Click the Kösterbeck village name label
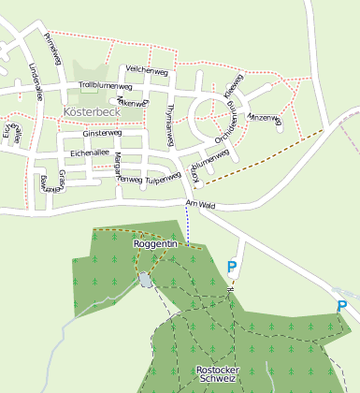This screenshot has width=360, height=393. (93, 110)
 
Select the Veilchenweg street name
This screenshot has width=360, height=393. (146, 68)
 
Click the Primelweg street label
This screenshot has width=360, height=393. (52, 48)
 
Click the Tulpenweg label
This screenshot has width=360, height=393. (162, 178)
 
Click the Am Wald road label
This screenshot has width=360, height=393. (201, 204)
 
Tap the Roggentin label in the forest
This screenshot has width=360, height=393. (155, 243)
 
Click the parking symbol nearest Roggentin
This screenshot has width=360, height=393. (232, 268)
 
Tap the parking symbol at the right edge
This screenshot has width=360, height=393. (342, 306)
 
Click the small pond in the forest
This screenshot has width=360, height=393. (145, 280)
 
